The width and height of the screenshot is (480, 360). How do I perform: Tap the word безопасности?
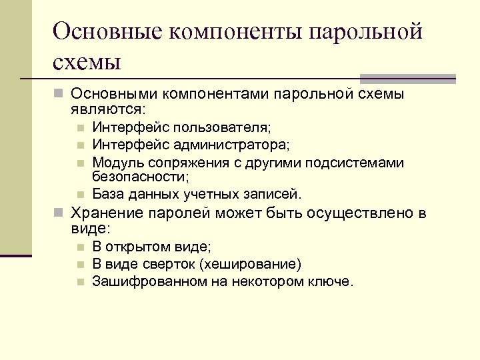coord(141,177)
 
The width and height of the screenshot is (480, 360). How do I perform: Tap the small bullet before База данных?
coord(79,195)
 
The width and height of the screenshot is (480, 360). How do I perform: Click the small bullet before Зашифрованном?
coord(79,282)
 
